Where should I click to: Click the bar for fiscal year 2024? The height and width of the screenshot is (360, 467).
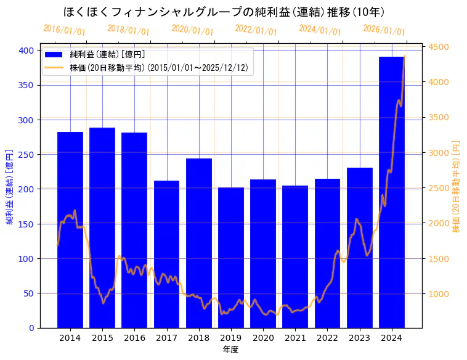[391, 192]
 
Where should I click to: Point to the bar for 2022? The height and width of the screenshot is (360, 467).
[327, 253]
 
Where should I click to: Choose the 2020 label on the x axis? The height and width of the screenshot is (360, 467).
[263, 338]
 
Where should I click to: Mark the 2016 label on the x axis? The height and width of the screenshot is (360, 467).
[134, 338]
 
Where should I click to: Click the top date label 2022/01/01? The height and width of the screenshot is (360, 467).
[256, 30]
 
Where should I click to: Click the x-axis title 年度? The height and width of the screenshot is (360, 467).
[230, 350]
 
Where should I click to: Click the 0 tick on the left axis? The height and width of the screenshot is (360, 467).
[31, 328]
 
